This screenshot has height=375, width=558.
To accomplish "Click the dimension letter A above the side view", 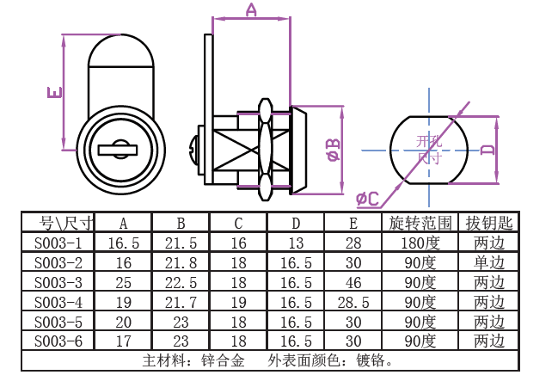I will tap(251, 10).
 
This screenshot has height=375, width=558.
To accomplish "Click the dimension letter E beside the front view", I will tap(52, 91).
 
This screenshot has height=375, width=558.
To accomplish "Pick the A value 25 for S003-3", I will tap(123, 282).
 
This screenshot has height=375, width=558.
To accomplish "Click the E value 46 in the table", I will tap(353, 282).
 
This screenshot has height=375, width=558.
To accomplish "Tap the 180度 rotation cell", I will tap(420, 243).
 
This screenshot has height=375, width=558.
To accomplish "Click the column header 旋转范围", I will tap(420, 224).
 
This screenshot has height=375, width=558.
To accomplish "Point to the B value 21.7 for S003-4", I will tap(181, 302).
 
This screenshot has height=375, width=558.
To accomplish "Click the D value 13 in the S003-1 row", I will tap(296, 243).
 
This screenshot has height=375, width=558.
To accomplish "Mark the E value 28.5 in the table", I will tap(353, 302).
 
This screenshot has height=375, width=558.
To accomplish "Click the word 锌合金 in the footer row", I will tap(221, 360).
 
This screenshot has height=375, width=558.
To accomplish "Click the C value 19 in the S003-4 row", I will tap(238, 302).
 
